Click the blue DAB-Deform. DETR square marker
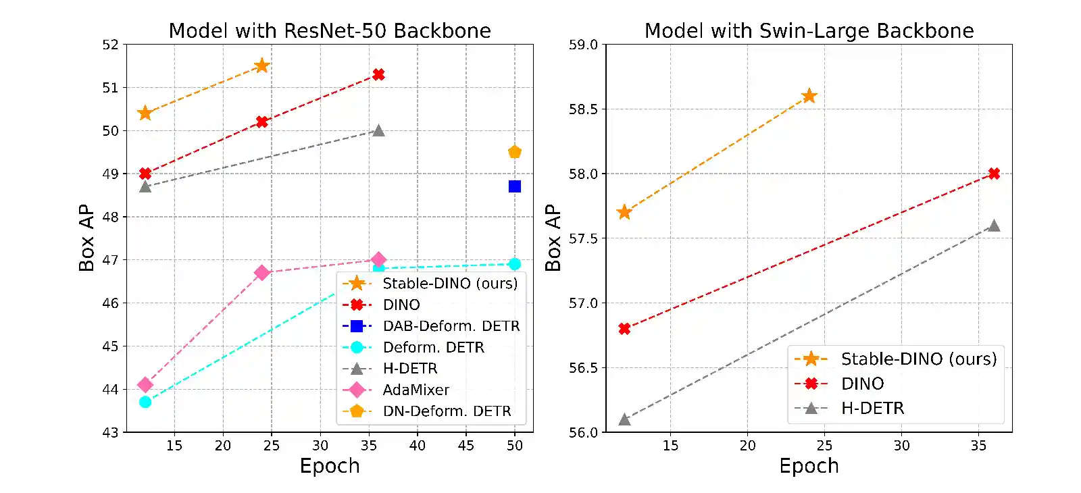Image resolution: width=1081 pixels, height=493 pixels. point(515,186)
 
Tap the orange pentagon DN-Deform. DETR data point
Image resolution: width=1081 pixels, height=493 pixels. point(515,152)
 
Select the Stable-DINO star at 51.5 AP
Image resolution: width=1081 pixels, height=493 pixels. point(262,66)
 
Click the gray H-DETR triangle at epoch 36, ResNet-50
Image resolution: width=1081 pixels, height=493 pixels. point(379,130)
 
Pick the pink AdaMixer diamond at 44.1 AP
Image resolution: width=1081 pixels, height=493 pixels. point(145,385)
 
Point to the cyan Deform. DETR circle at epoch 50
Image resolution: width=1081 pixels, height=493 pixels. point(515,264)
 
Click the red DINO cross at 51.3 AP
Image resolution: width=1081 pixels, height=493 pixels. point(379,74)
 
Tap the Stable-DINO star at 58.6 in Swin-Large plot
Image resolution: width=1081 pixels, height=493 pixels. point(809,96)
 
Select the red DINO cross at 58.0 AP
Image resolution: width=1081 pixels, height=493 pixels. point(994,174)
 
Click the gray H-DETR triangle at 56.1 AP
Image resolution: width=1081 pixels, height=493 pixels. point(624,420)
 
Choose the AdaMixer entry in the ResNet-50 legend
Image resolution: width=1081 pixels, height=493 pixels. point(416,390)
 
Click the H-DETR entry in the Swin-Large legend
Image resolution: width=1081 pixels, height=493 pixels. point(872,408)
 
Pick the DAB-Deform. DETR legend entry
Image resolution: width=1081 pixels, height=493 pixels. point(451,326)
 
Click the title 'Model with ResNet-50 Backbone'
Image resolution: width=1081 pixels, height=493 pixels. point(330,30)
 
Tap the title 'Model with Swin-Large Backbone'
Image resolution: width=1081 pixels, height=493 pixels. point(809,30)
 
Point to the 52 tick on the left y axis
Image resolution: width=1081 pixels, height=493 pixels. point(110,45)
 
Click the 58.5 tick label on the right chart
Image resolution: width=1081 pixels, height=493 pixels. point(583,109)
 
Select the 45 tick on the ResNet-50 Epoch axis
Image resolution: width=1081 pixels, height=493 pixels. point(466,446)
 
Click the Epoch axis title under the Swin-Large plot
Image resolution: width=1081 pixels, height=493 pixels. point(809,466)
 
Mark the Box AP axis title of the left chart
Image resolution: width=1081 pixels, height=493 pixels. point(86,238)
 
